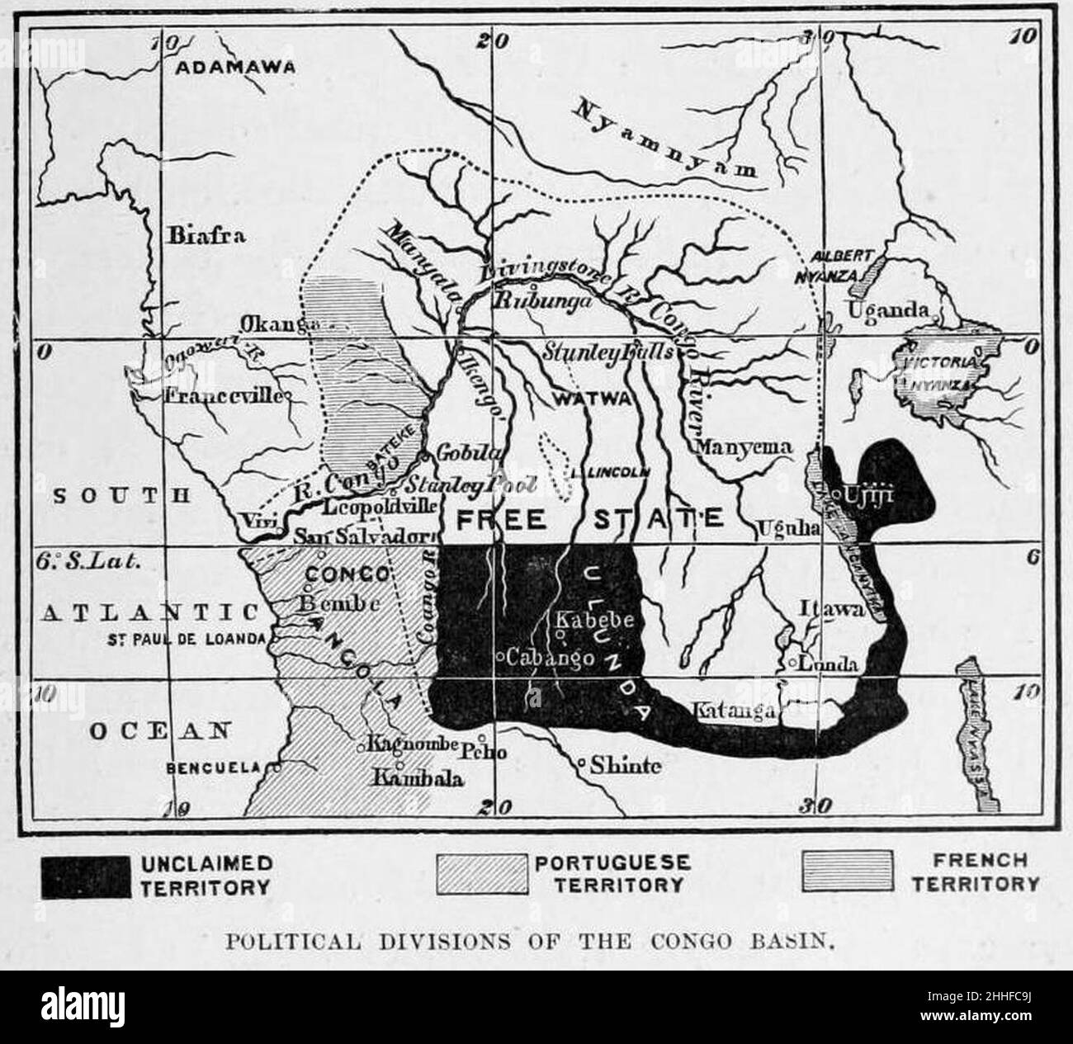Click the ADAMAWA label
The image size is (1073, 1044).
point(235,68)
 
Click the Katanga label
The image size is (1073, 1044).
point(733,710)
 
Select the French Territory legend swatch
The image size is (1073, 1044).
point(847,872)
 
